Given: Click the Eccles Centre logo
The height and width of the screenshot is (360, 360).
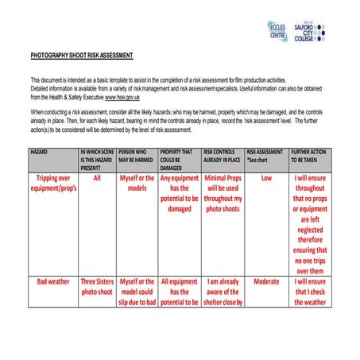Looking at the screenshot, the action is tap(278, 32).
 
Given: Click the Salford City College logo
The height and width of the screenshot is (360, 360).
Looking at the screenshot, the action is tap(311, 32).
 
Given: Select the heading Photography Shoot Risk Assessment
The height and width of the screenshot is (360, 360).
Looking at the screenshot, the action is tap(82, 56).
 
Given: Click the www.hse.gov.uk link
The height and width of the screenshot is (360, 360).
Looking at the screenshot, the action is tap(122, 97).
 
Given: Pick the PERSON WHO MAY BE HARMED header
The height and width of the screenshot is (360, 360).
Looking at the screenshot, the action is tap(137, 154).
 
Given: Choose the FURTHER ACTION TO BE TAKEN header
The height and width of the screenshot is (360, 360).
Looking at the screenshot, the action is tap(310, 154).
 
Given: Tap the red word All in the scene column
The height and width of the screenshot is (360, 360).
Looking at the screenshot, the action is tap(97, 178).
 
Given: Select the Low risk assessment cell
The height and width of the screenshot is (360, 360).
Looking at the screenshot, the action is tap(266, 178).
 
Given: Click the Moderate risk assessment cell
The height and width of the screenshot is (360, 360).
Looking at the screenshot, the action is tap(266, 281).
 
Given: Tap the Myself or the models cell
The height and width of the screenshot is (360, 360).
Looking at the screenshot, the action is tap(137, 184).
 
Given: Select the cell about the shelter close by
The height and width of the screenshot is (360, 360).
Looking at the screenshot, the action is tap(223, 292).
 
